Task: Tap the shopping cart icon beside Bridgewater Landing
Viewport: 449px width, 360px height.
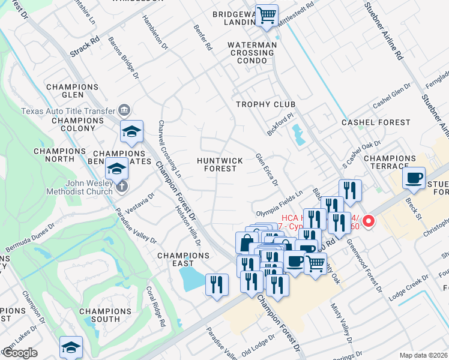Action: (266, 15)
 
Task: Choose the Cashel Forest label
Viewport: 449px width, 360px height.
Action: (376, 122)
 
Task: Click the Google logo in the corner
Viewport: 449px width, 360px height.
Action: (20, 353)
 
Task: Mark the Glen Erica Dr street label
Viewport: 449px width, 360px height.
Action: (267, 169)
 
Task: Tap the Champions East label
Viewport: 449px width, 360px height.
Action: (184, 259)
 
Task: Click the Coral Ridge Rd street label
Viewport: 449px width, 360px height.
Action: (155, 305)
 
